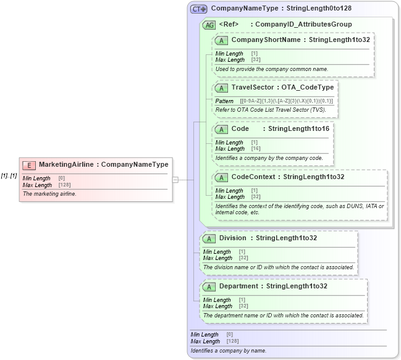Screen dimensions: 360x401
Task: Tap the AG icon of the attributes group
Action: point(209,25)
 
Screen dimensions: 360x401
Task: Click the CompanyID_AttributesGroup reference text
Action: point(303,24)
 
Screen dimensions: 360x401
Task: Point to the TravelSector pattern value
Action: point(286,101)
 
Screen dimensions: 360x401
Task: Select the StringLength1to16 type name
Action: point(298,128)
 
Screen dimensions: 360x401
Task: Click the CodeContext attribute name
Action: point(254,177)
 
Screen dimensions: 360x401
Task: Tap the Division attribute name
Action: point(232,238)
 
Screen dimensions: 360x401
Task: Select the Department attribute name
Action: point(239,286)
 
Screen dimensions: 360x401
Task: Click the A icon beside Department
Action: point(209,287)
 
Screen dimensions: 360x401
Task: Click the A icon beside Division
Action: point(209,238)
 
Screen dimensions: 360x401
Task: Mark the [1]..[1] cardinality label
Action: point(9,176)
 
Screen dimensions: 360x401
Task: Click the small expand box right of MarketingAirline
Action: point(175,180)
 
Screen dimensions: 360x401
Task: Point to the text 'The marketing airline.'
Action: point(49,194)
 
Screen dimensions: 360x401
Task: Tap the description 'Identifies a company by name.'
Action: point(229,351)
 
